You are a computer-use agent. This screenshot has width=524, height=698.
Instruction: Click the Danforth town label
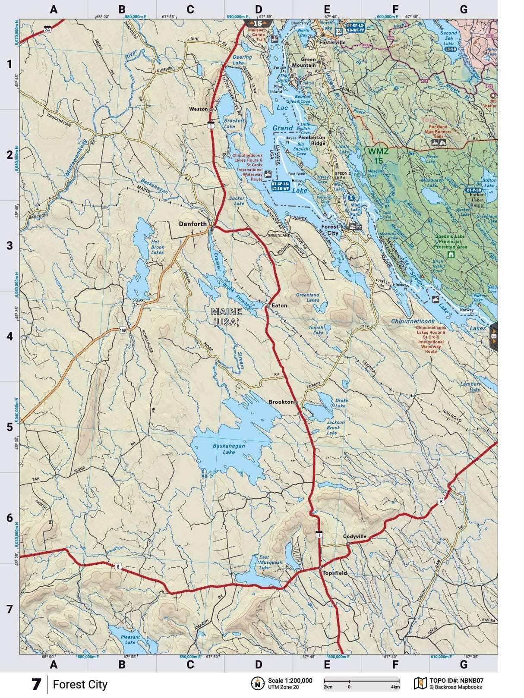193,224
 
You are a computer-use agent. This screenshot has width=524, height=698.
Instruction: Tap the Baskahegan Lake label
228,449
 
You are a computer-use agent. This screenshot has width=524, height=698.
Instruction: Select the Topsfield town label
335,573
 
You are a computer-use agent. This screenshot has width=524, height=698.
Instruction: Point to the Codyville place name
354,536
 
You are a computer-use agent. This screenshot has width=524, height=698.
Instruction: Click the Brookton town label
281,402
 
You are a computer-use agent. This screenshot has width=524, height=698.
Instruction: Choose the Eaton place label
279,305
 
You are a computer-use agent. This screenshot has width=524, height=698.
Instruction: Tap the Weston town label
199,109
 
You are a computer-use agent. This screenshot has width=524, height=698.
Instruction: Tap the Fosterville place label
332,42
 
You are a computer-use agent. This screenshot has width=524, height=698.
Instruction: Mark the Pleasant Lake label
130,639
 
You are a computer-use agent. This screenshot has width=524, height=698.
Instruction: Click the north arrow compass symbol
258,683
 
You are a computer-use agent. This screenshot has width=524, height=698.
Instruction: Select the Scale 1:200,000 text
290,680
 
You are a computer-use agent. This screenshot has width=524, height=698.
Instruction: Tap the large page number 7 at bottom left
36,684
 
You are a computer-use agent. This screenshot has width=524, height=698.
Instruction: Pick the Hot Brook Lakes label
157,247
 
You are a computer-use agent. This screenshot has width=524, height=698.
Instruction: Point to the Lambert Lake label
470,387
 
